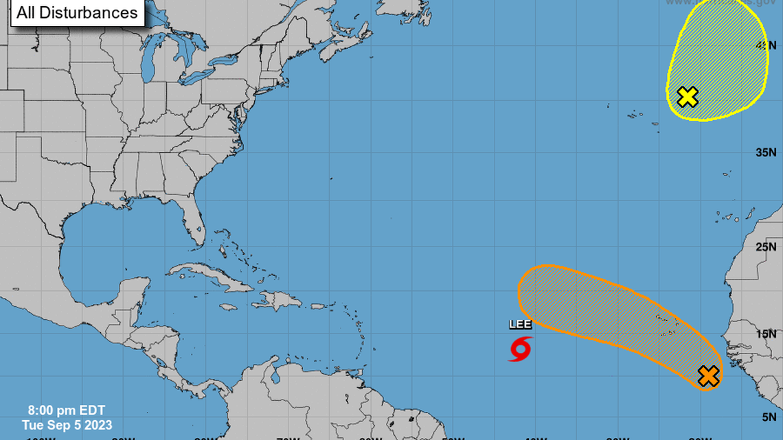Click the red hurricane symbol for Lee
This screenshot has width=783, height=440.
(520, 349)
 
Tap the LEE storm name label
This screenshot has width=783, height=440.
(520, 325)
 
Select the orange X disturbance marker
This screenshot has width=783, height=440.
(708, 376)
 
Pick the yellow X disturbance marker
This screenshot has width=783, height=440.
(687, 97)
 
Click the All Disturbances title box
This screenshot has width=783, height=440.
(77, 12)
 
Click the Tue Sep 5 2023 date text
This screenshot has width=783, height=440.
(67, 426)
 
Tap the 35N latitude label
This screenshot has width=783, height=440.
(766, 152)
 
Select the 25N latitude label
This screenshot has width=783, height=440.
(766, 246)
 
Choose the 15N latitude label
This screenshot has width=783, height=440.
(766, 334)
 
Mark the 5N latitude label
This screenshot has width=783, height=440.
(768, 417)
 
